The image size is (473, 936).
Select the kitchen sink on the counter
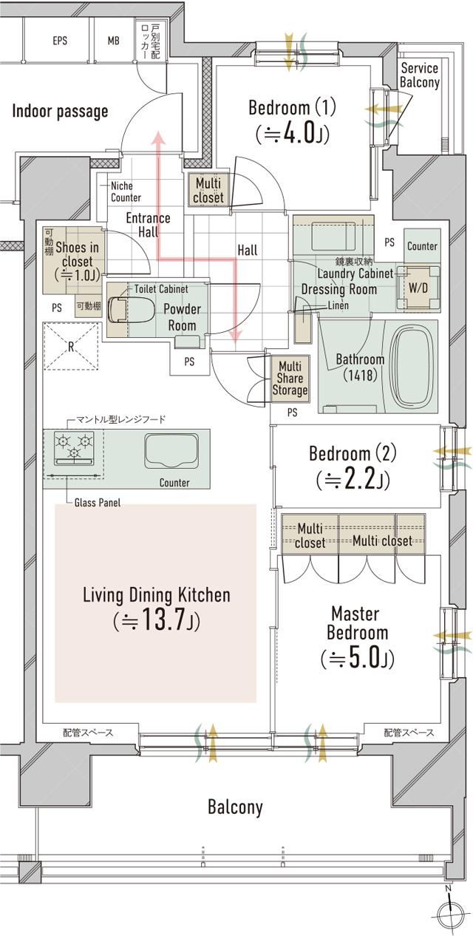tap(171, 451)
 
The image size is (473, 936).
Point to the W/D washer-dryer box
tap(418, 288)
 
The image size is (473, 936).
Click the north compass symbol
tap(450, 915)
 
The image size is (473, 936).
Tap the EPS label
tap(60, 41)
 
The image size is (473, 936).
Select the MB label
tap(113, 41)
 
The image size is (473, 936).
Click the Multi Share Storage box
tap(290, 379)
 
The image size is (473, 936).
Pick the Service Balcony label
tap(420, 75)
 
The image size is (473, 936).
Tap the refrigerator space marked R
tap(71, 346)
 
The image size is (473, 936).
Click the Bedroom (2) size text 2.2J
tap(353, 480)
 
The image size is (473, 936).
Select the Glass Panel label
tap(98, 503)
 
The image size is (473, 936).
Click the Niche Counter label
tap(126, 191)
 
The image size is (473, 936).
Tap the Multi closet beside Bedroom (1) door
tap(208, 190)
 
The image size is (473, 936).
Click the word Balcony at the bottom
tap(235, 807)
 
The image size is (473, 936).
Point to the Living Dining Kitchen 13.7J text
tap(157, 608)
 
